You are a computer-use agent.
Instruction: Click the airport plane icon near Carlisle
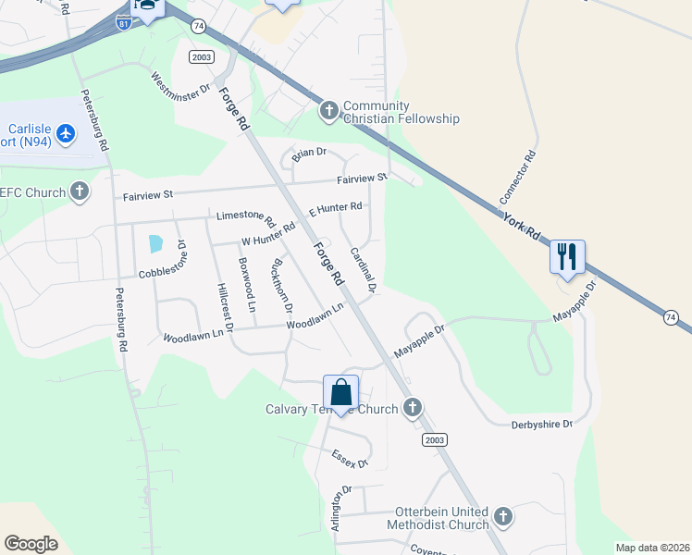pyautogui.click(x=66, y=134)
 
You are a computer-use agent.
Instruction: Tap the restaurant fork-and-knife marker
pyautogui.click(x=567, y=256)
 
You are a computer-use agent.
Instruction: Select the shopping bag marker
pyautogui.click(x=340, y=392)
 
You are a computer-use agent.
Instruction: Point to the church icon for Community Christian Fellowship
pyautogui.click(x=328, y=112)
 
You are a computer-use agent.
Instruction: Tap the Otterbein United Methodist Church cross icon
pyautogui.click(x=502, y=516)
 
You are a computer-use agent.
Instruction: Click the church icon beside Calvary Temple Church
pyautogui.click(x=413, y=407)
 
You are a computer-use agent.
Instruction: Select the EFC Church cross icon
pyautogui.click(x=80, y=191)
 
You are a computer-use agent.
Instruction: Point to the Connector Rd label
pyautogui.click(x=518, y=178)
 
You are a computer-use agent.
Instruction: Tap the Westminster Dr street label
pyautogui.click(x=181, y=89)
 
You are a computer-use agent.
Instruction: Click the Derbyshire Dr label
pyautogui.click(x=542, y=424)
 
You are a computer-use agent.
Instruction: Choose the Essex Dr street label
pyautogui.click(x=351, y=458)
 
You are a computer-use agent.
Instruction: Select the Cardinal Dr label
pyautogui.click(x=362, y=270)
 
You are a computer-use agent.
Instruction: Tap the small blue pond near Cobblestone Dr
pyautogui.click(x=154, y=244)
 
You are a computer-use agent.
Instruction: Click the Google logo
pyautogui.click(x=31, y=544)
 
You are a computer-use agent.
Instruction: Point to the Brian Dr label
pyautogui.click(x=310, y=153)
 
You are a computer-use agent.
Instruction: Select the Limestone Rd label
pyautogui.click(x=246, y=218)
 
